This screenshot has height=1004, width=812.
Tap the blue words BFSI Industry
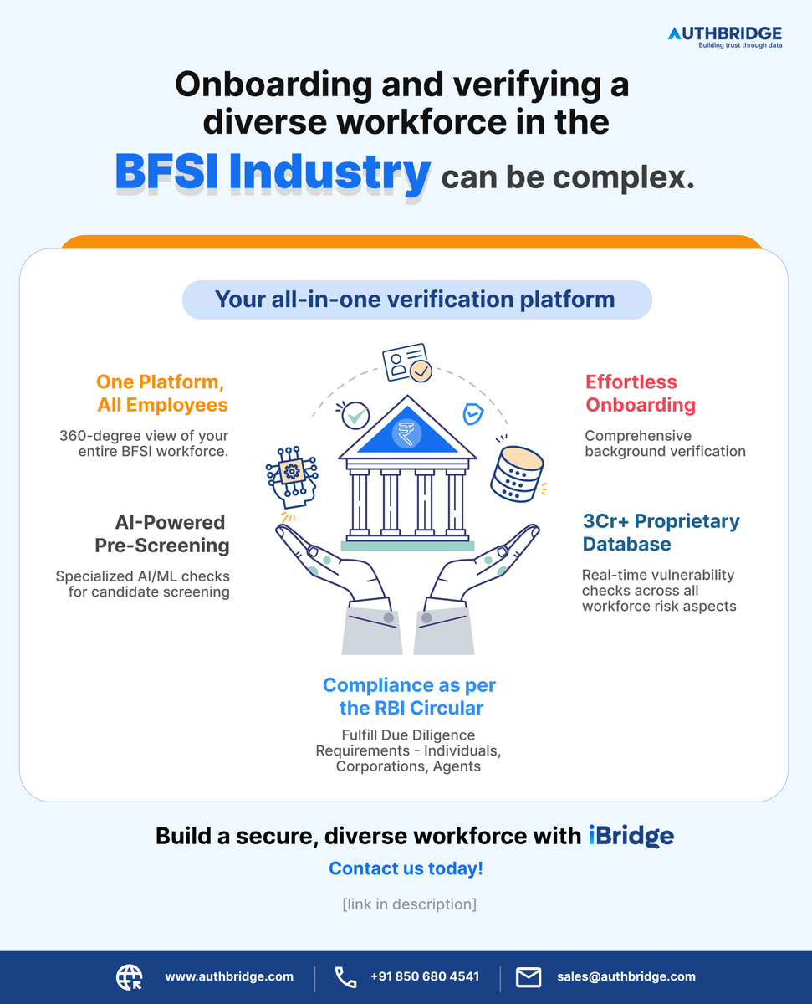272,172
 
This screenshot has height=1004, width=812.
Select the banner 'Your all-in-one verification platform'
416,300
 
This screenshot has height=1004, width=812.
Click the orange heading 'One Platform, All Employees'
161,394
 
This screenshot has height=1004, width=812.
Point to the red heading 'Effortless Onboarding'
641,393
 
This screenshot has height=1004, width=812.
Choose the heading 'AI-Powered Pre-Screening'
171,534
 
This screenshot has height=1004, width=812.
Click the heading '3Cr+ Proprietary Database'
661,533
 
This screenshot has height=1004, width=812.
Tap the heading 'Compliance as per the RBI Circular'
410,697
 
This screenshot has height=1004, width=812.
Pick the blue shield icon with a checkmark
472,413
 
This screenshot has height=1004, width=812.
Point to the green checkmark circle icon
356,414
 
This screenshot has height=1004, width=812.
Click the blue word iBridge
631,836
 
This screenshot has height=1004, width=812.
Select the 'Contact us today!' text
406,868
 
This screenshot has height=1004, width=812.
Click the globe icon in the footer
129,976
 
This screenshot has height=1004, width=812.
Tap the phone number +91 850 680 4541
424,976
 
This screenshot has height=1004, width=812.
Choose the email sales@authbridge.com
626,976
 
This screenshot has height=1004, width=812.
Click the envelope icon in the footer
529,976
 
